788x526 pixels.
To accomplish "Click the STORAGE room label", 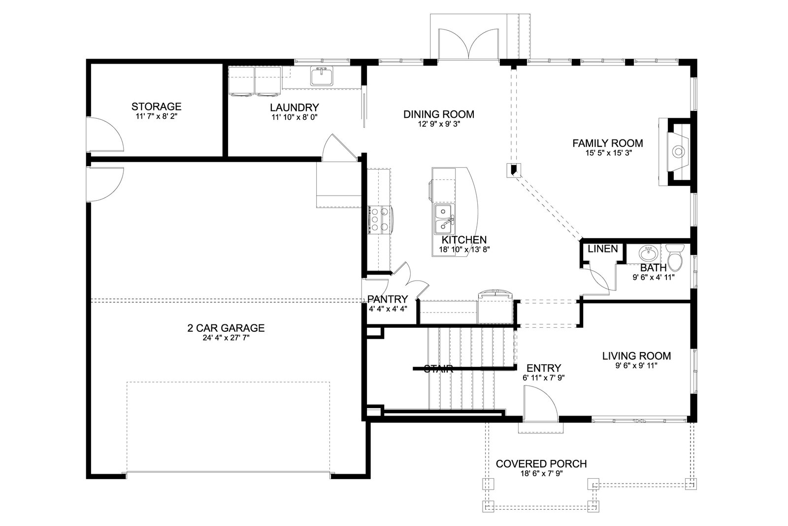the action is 156,106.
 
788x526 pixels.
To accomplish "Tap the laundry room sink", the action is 322,76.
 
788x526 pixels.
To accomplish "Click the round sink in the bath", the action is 648,253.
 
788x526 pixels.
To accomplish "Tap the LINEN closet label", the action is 603,249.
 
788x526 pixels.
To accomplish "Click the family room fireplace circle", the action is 678,152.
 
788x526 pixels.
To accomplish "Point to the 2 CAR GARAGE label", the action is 226,328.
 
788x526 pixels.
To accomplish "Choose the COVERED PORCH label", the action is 541,464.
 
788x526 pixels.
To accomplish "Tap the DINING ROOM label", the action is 439,114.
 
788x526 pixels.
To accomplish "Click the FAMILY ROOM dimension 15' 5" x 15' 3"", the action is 608,153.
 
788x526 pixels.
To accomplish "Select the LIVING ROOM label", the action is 636,356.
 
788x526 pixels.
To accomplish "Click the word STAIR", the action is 438,369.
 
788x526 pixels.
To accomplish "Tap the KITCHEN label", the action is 464,240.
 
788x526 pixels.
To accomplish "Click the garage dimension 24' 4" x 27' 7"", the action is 226,338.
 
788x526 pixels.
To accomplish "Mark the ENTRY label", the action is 544,368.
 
